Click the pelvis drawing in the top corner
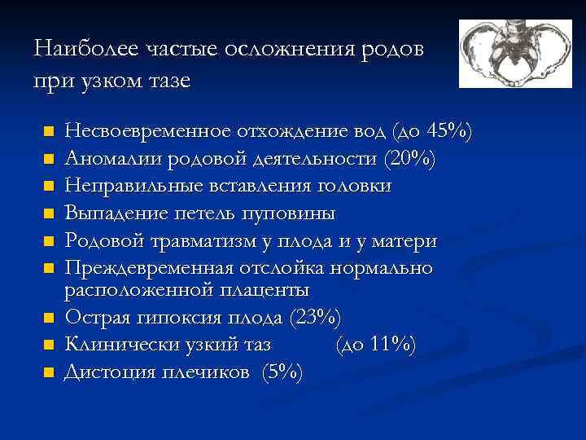(x=515, y=53)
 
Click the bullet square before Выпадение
(x=48, y=214)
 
